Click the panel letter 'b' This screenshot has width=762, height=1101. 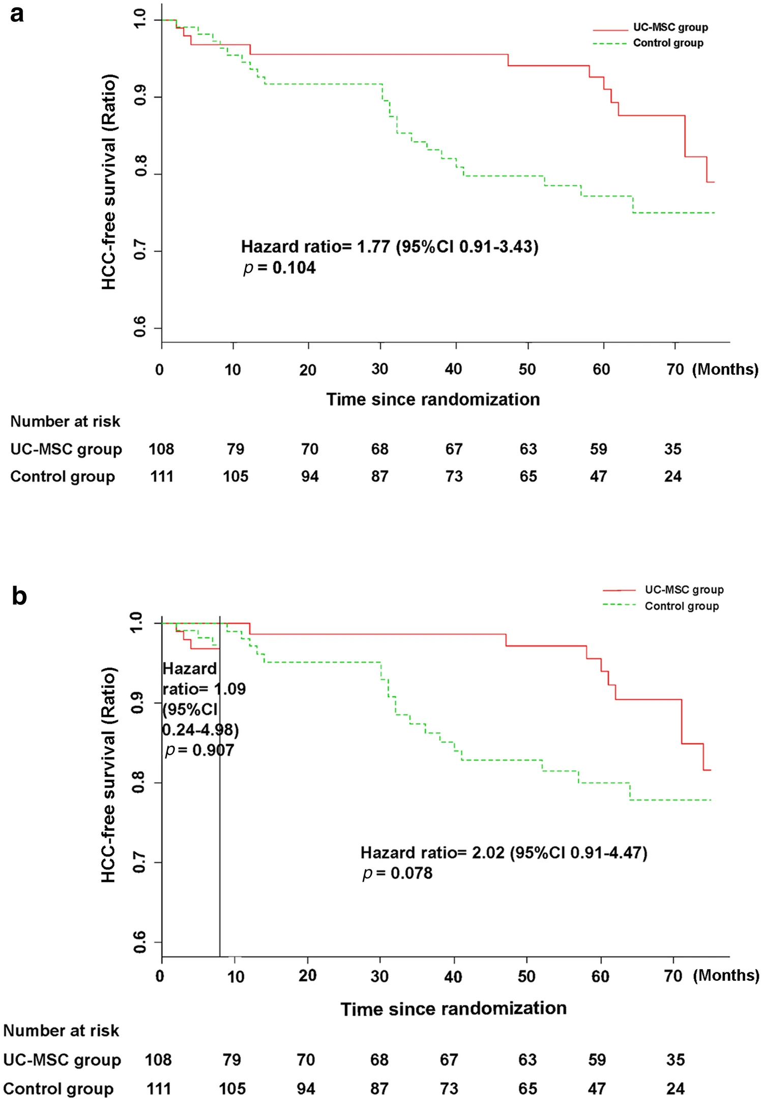[19, 596]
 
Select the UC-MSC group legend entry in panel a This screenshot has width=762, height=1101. [670, 27]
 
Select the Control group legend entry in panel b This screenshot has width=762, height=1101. [681, 606]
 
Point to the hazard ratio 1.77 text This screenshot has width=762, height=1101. [389, 247]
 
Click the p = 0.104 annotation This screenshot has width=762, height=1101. [279, 268]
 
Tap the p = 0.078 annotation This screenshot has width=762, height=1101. [397, 873]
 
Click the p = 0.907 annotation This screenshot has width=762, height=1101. [200, 750]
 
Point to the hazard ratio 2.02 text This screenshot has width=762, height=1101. [504, 852]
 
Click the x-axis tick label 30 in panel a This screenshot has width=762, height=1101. [379, 369]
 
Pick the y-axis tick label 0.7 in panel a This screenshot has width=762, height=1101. [140, 251]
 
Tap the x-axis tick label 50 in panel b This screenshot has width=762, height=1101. [526, 976]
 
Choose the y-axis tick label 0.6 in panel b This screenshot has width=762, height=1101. [139, 942]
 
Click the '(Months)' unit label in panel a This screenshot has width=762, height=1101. [725, 369]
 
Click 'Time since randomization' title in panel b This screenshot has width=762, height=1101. [453, 1008]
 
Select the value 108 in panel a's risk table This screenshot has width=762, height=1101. [161, 449]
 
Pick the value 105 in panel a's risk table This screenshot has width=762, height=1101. [236, 477]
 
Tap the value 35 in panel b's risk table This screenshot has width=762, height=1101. [676, 1060]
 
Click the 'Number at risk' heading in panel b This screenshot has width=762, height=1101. [61, 1031]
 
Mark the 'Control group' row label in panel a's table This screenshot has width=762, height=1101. [63, 477]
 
